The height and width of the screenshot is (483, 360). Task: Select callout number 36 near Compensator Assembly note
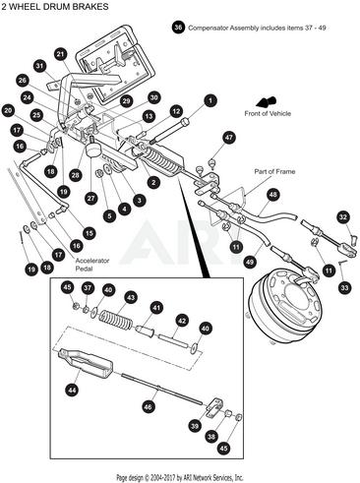(x=178, y=29)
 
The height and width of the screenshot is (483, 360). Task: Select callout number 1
(x=210, y=100)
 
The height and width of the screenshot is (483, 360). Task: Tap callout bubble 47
(x=228, y=138)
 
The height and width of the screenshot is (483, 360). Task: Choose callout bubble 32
(x=342, y=216)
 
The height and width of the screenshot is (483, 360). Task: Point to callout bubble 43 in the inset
(x=130, y=296)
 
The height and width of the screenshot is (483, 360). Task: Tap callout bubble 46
(x=149, y=404)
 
